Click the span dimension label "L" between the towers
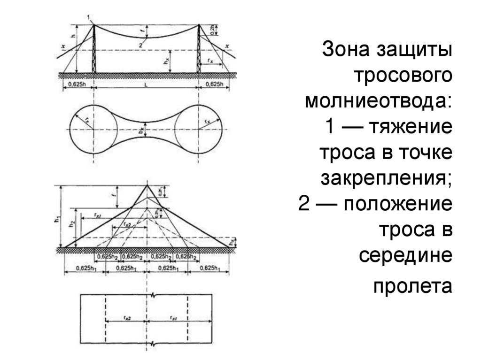tap(147, 84)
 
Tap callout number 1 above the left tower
tap(88, 18)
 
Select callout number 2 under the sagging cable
tap(140, 44)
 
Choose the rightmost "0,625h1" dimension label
tap(209, 268)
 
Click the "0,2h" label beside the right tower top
tap(212, 29)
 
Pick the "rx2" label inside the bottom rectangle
tap(127, 318)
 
